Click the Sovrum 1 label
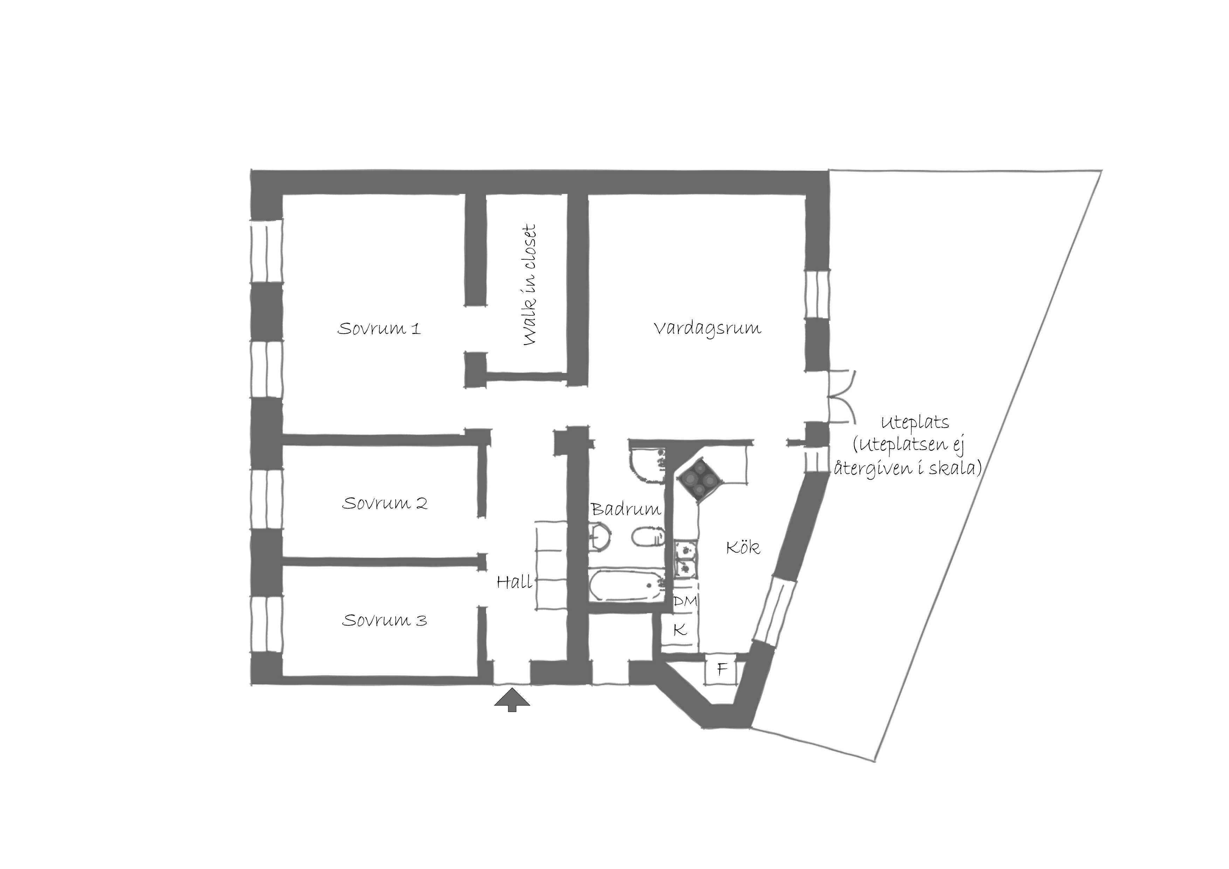(x=379, y=328)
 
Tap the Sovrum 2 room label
(x=385, y=503)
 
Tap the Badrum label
(x=626, y=509)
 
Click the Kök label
(x=743, y=547)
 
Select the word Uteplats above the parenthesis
(x=915, y=423)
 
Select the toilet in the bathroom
(x=649, y=536)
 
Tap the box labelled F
(x=722, y=669)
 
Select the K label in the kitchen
(x=680, y=630)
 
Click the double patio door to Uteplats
(x=842, y=396)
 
